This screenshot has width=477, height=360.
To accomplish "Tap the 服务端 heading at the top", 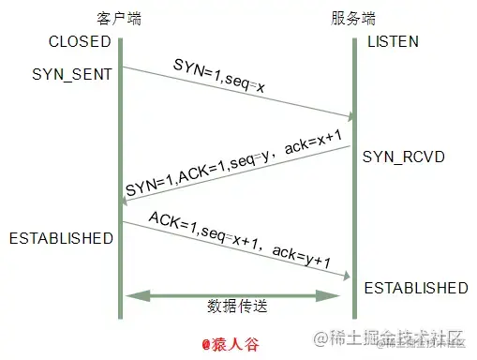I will point(353,19).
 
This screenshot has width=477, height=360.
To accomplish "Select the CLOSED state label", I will point(80,42).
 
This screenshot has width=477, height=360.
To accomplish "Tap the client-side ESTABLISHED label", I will point(61,238).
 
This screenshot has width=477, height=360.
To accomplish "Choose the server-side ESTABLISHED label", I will point(415,287).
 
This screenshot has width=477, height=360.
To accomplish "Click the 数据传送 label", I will point(236,307).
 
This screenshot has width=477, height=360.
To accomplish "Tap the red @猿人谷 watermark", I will point(235,342).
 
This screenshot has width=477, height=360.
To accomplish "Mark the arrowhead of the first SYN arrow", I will point(350,117).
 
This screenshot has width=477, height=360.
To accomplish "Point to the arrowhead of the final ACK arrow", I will point(349,275).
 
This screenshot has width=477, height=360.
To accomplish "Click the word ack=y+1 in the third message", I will point(305,257).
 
